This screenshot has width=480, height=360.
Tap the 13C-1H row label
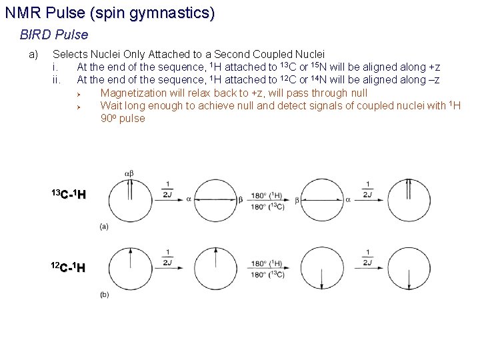[69, 195]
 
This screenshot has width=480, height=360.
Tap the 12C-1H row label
[69, 268]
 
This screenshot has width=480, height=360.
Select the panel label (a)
[105, 227]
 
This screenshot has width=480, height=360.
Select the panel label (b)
[105, 294]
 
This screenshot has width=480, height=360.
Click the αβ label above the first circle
[129, 174]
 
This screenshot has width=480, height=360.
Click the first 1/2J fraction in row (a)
[168, 190]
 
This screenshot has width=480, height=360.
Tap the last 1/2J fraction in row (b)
[368, 258]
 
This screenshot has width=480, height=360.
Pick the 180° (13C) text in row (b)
[267, 274]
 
